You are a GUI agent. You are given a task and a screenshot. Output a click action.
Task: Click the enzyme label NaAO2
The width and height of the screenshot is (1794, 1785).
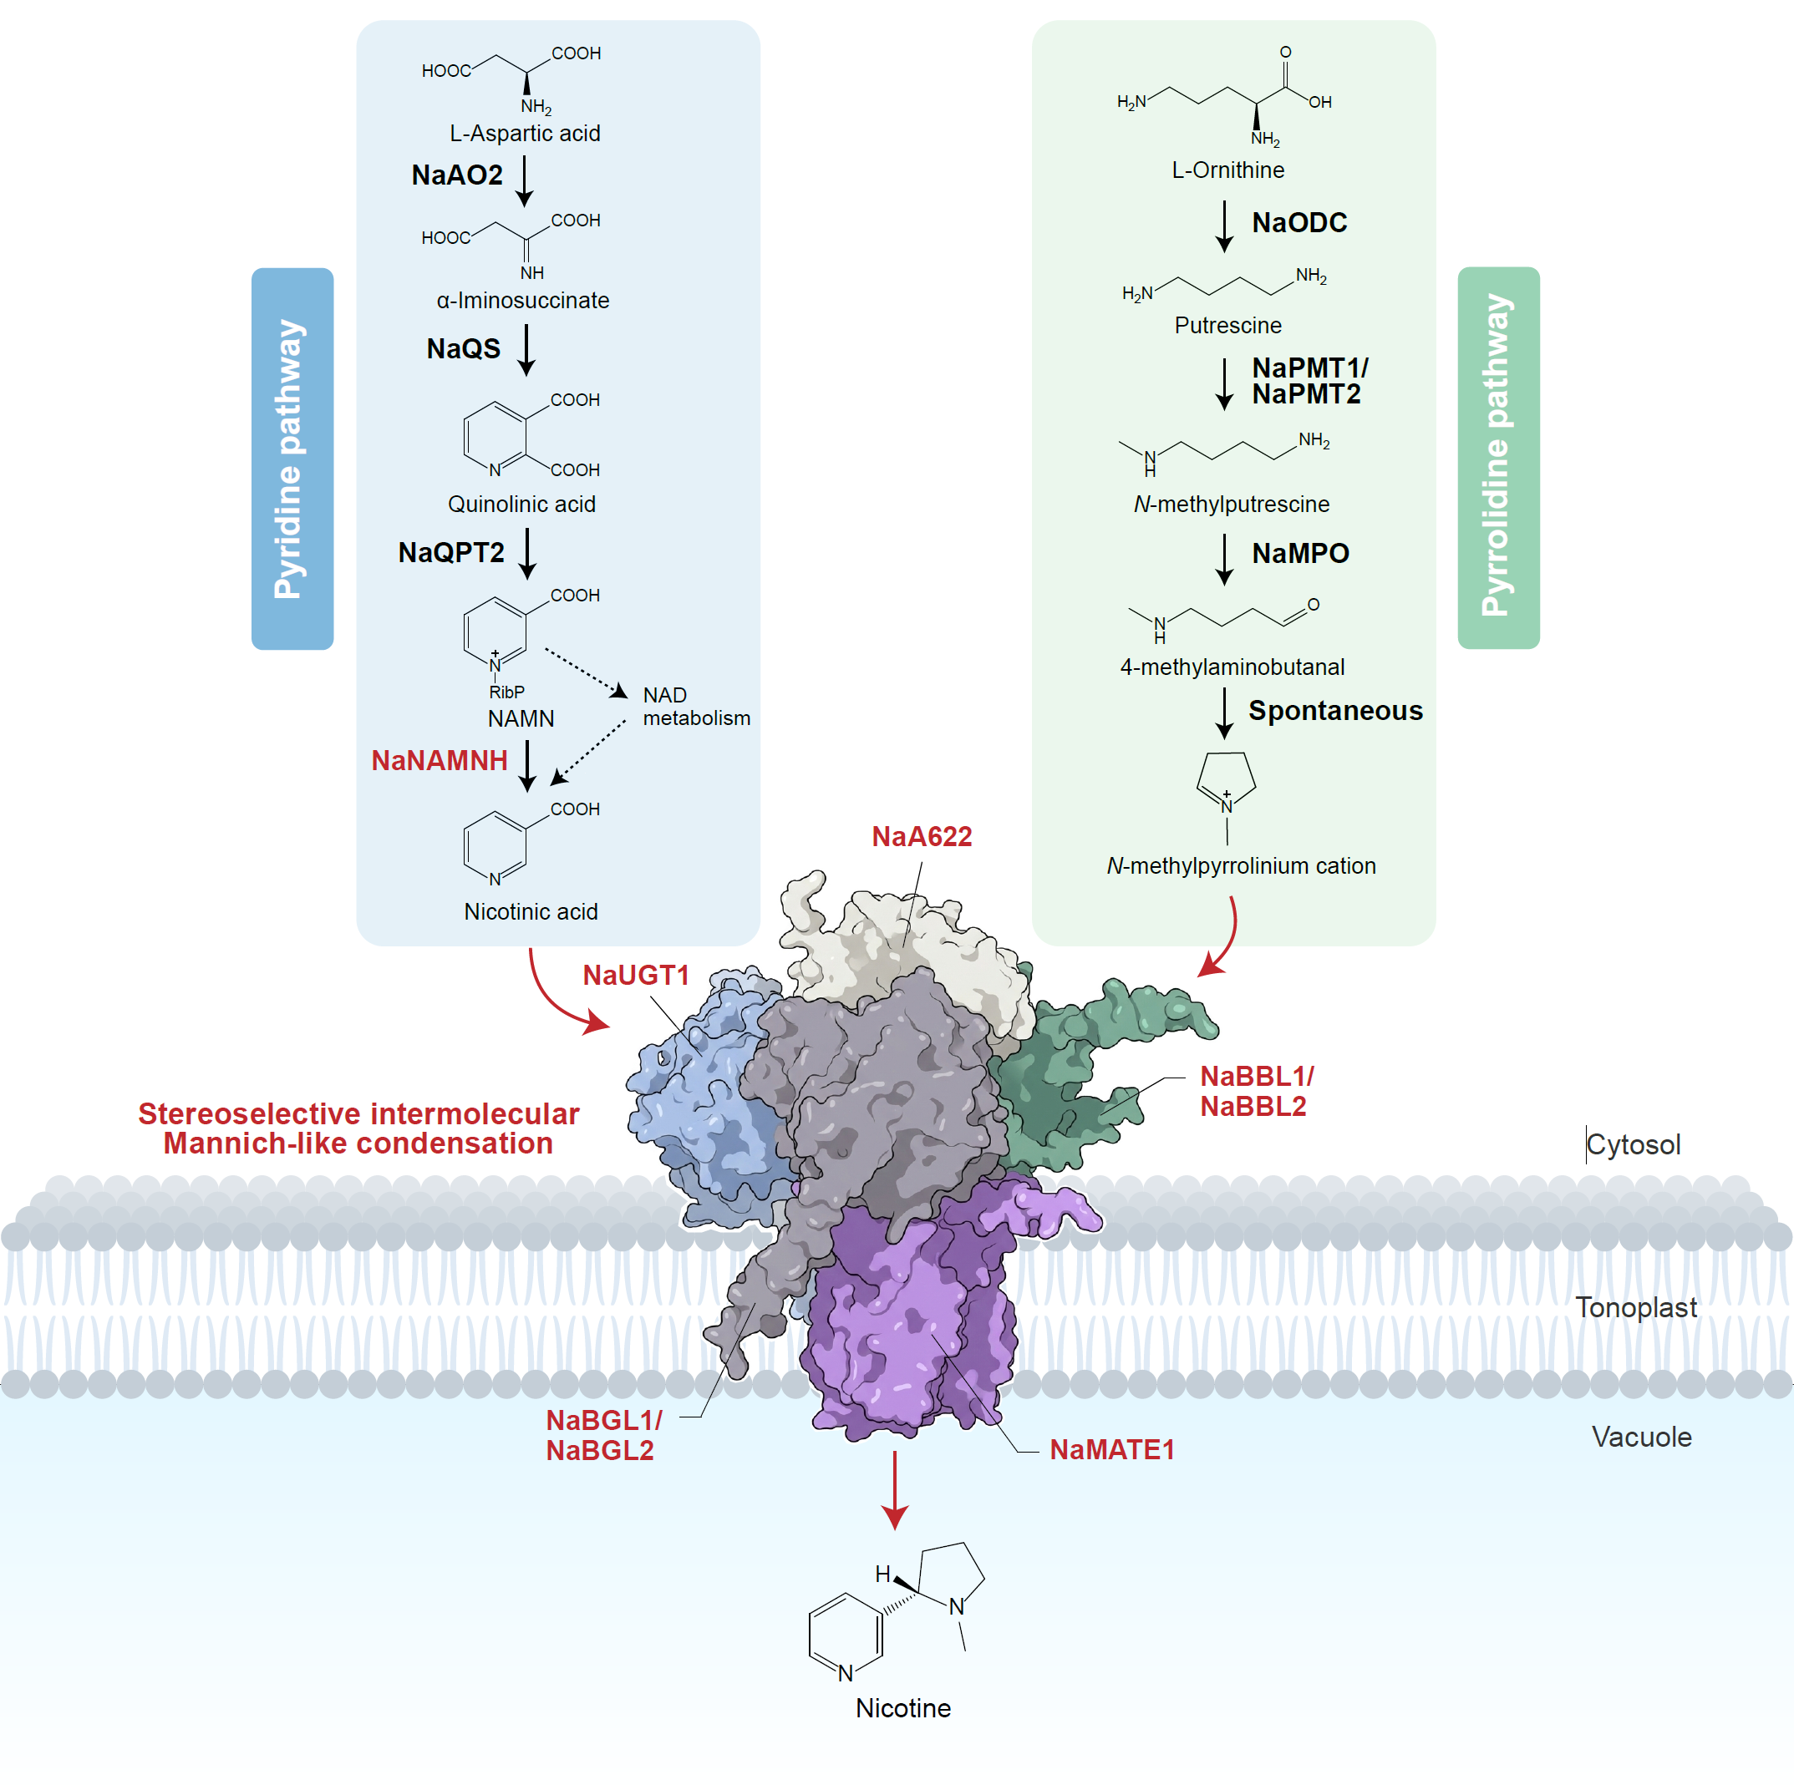(x=457, y=175)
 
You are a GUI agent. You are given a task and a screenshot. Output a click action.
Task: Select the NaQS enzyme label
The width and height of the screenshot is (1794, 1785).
(x=464, y=349)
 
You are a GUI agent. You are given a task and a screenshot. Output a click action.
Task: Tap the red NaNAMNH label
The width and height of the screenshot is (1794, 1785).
(x=440, y=761)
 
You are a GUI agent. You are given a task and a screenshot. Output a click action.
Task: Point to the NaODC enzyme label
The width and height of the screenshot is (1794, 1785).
(x=1299, y=223)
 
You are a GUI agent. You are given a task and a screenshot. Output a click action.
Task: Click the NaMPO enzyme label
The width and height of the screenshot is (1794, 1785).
(x=1300, y=553)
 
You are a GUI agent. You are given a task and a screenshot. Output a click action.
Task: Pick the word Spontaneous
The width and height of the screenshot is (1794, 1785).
(x=1335, y=711)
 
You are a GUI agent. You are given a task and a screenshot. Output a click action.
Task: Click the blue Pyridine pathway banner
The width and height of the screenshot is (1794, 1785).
(x=292, y=459)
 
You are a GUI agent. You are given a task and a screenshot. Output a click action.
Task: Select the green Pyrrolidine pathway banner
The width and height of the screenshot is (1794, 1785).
(x=1498, y=458)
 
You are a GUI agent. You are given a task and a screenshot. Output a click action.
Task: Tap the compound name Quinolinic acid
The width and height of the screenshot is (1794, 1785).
(x=522, y=504)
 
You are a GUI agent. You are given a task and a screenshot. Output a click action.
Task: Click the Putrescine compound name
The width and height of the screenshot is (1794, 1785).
(x=1227, y=326)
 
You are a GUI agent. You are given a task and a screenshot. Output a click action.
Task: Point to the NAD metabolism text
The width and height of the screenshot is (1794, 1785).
(x=695, y=707)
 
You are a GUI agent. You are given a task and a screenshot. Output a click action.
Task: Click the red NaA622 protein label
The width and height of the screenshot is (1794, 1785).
(x=921, y=837)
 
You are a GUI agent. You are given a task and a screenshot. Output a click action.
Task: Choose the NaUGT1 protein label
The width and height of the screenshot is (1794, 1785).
(x=636, y=976)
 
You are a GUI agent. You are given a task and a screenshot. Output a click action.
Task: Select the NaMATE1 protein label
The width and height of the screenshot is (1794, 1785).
(x=1111, y=1450)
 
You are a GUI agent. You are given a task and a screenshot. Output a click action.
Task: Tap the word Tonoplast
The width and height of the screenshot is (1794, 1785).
(x=1635, y=1308)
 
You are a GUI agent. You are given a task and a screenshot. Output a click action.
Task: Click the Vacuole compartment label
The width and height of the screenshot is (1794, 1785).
(x=1641, y=1437)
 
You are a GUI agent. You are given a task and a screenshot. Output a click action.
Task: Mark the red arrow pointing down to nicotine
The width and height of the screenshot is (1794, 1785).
(x=895, y=1489)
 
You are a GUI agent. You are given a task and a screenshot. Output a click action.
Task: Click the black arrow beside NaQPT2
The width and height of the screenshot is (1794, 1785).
(x=527, y=553)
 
